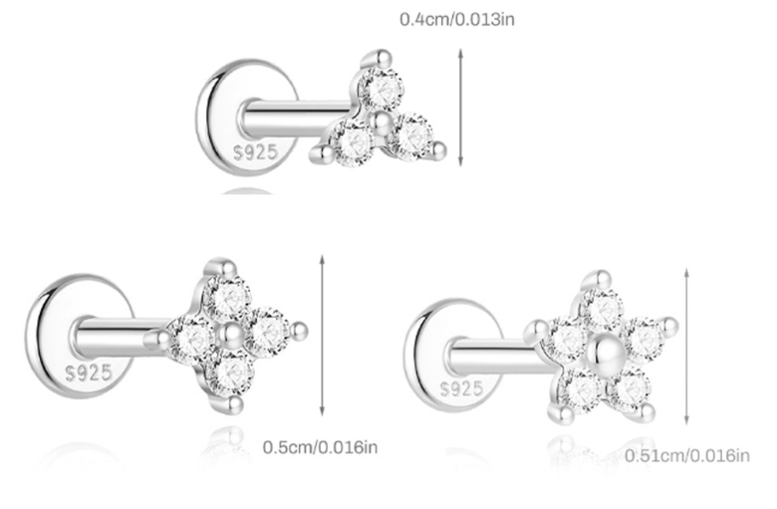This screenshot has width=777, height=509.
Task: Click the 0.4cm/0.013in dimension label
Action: [x=457, y=19]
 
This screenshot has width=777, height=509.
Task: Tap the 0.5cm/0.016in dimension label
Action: [x=320, y=447]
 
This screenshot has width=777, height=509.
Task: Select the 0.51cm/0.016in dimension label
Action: [x=686, y=455]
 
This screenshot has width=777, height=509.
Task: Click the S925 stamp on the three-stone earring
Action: [x=256, y=152]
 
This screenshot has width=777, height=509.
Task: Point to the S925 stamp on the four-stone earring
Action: [x=90, y=373]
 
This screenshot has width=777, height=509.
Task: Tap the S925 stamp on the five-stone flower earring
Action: [x=461, y=388]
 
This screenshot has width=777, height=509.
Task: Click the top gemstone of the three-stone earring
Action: [x=382, y=90]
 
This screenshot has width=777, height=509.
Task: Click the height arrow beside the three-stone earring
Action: [x=460, y=107]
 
